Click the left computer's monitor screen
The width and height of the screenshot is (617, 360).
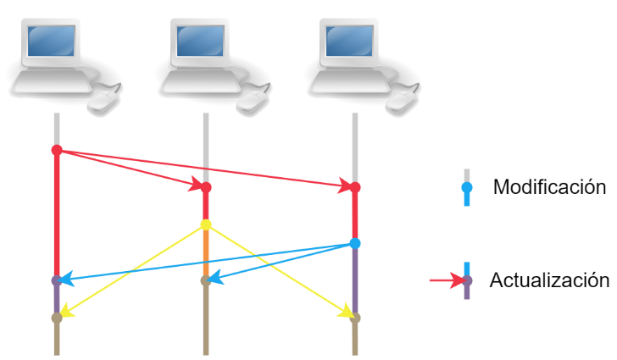(x=51, y=40)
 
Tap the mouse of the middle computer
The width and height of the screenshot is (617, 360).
(x=252, y=101)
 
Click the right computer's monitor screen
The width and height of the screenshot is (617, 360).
(x=349, y=40)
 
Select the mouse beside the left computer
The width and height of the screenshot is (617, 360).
(x=103, y=101)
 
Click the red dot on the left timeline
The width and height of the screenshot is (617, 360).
(x=57, y=150)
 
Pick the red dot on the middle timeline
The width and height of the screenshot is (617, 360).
(x=206, y=187)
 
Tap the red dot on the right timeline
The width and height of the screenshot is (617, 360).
(x=355, y=187)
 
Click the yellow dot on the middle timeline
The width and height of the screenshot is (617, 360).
(x=206, y=224)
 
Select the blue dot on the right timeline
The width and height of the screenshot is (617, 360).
(x=355, y=243)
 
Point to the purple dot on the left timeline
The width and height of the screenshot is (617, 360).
(x=57, y=280)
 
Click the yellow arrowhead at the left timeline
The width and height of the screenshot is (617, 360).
(x=66, y=312)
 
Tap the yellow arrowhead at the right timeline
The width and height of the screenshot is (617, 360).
(x=345, y=312)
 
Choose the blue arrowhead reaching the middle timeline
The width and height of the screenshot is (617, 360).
(x=216, y=277)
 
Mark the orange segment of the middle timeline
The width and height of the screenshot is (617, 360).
(x=206, y=251)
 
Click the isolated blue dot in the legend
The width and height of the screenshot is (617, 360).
(x=467, y=187)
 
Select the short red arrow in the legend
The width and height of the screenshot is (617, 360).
(x=445, y=280)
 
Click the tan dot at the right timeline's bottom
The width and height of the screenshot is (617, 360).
(x=355, y=318)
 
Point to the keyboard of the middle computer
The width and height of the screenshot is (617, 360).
(x=202, y=82)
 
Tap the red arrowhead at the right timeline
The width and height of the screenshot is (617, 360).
(x=346, y=186)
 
